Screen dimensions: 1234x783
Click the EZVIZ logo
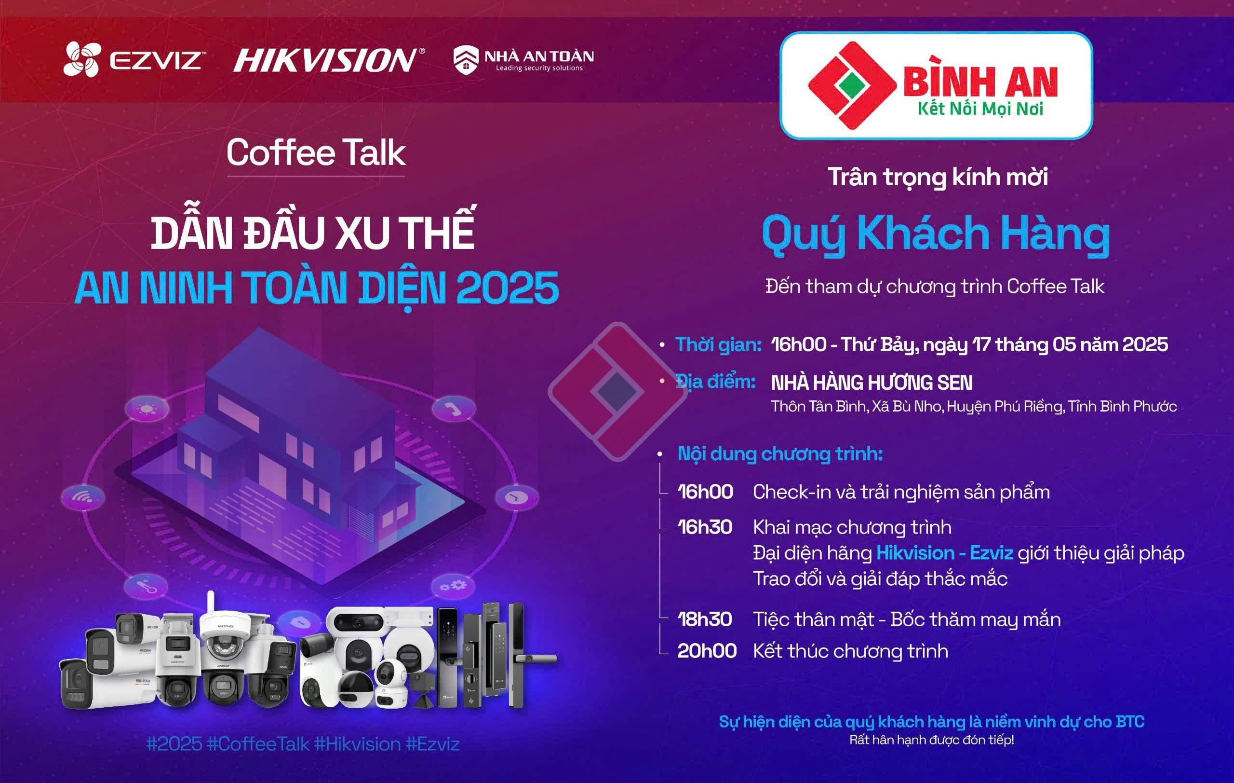pos(134,59)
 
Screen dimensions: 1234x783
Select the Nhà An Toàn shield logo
pos(465,60)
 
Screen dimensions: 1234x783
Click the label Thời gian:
pos(718,344)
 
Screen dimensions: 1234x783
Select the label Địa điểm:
pos(715,382)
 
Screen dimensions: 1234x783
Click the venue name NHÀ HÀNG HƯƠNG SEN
pos(872,383)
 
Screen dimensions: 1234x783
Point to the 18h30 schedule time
pos(705,619)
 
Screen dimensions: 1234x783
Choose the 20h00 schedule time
pos(707,651)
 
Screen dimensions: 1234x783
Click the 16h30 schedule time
pos(705,527)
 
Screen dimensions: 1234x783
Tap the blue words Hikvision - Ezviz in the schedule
pos(944,553)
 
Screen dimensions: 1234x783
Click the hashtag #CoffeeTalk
pos(258,744)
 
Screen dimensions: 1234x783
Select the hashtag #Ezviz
pos(432,744)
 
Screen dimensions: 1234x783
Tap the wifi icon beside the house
pos(83,496)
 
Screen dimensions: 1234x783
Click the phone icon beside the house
pos(454,409)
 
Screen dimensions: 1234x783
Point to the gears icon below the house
pos(453,586)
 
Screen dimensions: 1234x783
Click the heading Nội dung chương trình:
pos(780,454)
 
